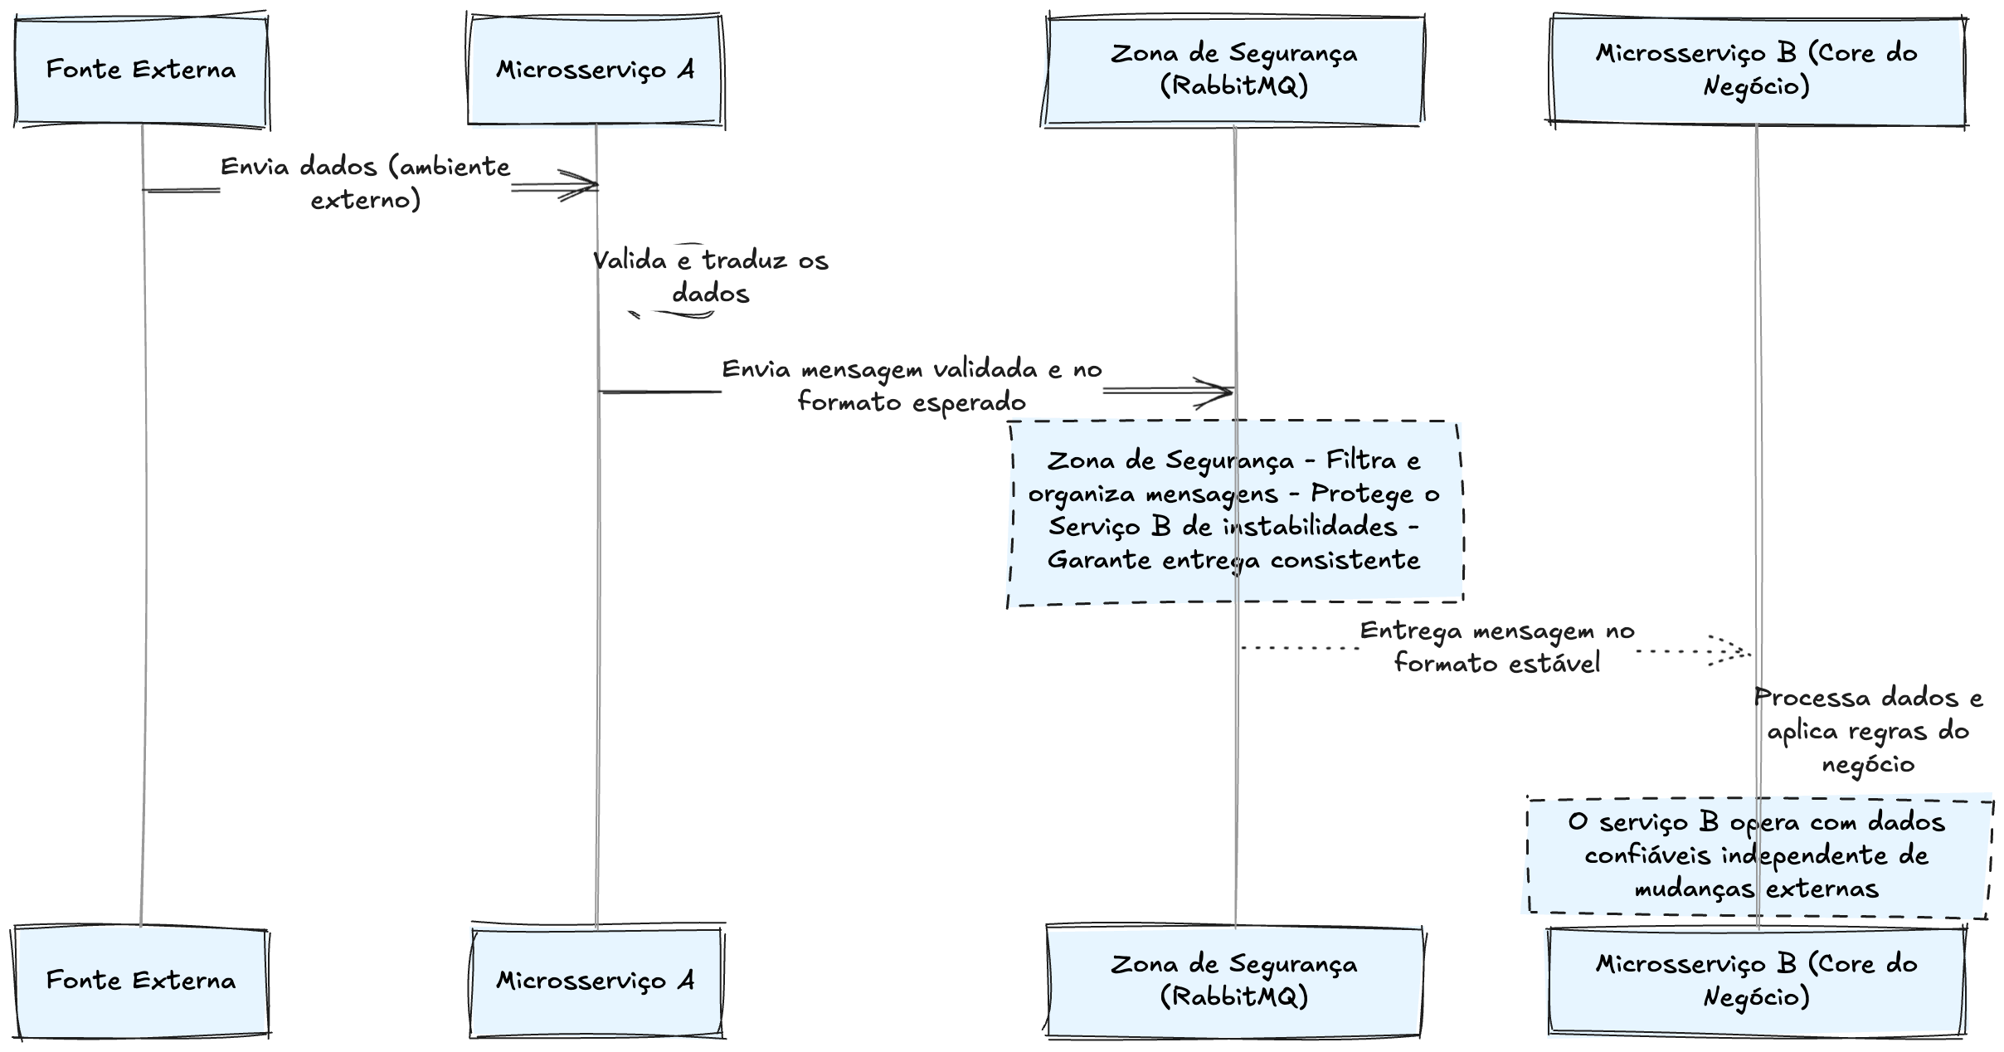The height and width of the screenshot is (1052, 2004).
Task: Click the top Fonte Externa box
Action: click(141, 70)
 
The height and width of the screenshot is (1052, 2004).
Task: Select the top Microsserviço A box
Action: click(595, 70)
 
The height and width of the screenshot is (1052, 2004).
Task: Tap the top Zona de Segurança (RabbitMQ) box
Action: click(1233, 70)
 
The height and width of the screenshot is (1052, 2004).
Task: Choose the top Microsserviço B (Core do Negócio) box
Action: click(1756, 70)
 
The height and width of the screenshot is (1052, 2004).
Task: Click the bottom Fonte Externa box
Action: click(141, 981)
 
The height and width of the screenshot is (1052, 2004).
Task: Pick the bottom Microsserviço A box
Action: click(595, 981)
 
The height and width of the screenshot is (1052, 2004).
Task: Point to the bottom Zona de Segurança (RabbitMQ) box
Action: click(1233, 981)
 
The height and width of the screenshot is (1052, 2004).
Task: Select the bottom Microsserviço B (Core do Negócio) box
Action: click(1756, 981)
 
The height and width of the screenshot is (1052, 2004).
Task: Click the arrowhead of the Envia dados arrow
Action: click(585, 186)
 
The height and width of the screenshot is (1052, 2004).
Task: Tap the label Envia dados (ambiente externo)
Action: click(366, 183)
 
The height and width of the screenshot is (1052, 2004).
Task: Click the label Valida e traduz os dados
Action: click(710, 277)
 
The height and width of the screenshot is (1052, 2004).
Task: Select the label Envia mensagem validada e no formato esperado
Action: click(912, 386)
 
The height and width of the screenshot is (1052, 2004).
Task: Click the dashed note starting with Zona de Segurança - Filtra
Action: click(1233, 510)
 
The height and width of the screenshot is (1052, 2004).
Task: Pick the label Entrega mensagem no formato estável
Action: click(1497, 647)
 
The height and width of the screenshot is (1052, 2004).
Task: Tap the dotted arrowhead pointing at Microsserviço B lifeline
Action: click(1738, 651)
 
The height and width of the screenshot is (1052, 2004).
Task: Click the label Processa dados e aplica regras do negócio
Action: click(1868, 731)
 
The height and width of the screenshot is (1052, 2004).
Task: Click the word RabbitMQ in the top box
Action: click(1235, 87)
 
